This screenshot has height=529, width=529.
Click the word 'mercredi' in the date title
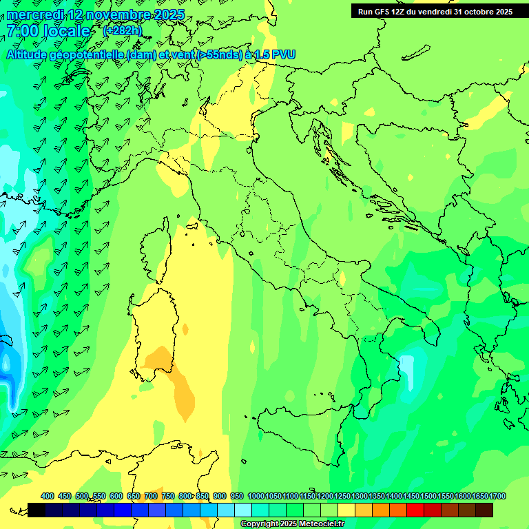tap(35, 14)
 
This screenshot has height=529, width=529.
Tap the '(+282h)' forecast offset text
tap(122, 30)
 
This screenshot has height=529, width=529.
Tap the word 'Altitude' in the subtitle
tap(30, 54)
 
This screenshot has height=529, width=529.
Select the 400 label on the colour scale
tap(48, 496)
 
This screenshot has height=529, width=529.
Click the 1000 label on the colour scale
tap(256, 496)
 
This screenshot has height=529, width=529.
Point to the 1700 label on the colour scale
tap(497, 496)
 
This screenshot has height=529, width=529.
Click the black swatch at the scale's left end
tap(37, 510)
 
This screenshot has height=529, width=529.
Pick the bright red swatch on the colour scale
tap(415, 510)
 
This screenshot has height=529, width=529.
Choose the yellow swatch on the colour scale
tap(346, 510)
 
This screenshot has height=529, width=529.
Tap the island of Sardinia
tap(150, 331)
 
